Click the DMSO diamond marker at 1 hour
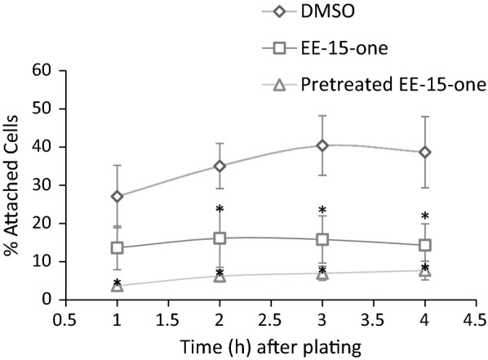click(x=118, y=197)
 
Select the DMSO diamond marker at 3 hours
click(x=322, y=145)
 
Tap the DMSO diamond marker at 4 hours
click(x=424, y=152)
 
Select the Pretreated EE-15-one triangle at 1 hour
click(x=118, y=286)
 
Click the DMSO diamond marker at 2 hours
click(x=220, y=166)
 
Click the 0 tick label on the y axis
click(x=48, y=300)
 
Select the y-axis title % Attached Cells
click(x=14, y=185)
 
